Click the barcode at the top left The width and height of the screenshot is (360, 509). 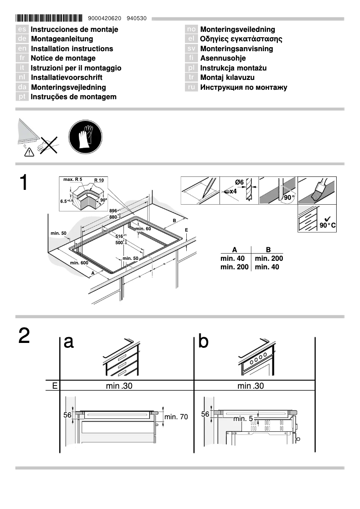pyautogui.click(x=49, y=18)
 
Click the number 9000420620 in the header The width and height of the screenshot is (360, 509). pyautogui.click(x=105, y=18)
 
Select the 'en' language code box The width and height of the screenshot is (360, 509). pyautogui.click(x=22, y=48)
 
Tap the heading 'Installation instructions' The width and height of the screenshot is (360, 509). pyautogui.click(x=72, y=48)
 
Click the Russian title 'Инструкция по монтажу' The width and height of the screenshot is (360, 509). pyautogui.click(x=244, y=87)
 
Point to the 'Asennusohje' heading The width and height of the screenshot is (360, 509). pyautogui.click(x=223, y=58)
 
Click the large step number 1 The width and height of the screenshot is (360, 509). pyautogui.click(x=24, y=184)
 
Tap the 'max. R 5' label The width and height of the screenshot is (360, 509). pyautogui.click(x=72, y=180)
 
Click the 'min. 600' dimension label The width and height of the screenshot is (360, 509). pyautogui.click(x=79, y=263)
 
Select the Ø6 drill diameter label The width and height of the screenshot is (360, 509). pyautogui.click(x=239, y=182)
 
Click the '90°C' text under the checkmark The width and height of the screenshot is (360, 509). pyautogui.click(x=327, y=225)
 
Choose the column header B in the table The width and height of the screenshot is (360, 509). pyautogui.click(x=268, y=250)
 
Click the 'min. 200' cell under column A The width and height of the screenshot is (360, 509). pyautogui.click(x=234, y=267)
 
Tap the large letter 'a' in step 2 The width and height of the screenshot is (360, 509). pyautogui.click(x=69, y=342)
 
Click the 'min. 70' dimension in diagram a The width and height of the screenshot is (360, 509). pyautogui.click(x=176, y=417)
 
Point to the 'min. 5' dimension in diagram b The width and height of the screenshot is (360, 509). pyautogui.click(x=243, y=419)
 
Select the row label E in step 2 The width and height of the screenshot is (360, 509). pyautogui.click(x=54, y=386)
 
